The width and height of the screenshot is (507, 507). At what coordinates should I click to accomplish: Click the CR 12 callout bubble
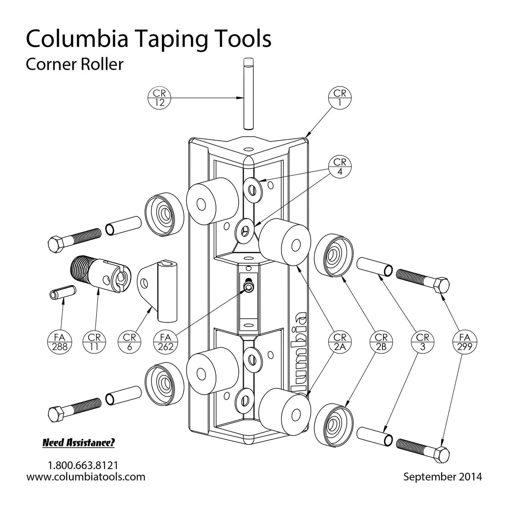160,98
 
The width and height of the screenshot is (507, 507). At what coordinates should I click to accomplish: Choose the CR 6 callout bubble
129,341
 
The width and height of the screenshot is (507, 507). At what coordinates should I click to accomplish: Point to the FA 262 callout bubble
165,341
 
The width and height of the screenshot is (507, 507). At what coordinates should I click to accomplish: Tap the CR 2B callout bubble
380,341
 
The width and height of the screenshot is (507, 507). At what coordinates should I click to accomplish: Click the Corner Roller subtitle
74,64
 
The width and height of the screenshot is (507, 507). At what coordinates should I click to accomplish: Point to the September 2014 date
442,477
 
